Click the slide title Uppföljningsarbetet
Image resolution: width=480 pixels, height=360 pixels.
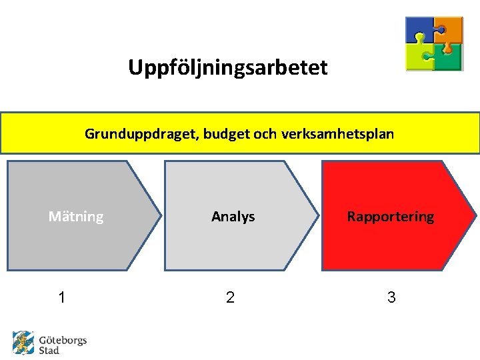[x=228, y=67]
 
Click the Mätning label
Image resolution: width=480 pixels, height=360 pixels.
[x=76, y=217]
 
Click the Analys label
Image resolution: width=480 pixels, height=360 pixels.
[x=233, y=217]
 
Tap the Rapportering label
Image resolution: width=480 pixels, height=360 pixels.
[x=390, y=217]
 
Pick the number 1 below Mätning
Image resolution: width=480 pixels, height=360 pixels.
[x=62, y=297]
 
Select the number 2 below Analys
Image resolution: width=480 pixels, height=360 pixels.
[x=230, y=297]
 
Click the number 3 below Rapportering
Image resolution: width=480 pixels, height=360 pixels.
[x=391, y=297]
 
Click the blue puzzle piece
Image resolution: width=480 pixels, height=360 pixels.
[x=419, y=30]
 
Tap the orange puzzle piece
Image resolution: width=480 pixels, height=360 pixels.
[x=450, y=29]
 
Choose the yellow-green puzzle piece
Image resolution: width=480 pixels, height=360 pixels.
[x=420, y=56]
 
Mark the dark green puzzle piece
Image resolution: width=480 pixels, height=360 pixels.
[x=449, y=57]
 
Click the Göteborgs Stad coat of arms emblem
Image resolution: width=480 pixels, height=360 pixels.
[x=23, y=343]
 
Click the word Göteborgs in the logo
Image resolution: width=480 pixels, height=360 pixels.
[x=63, y=340]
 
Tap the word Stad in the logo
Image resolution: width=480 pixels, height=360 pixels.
[x=49, y=350]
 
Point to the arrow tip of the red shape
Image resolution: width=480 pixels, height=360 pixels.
[x=475, y=215]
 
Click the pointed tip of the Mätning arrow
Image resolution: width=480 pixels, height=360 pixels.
[x=159, y=215]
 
